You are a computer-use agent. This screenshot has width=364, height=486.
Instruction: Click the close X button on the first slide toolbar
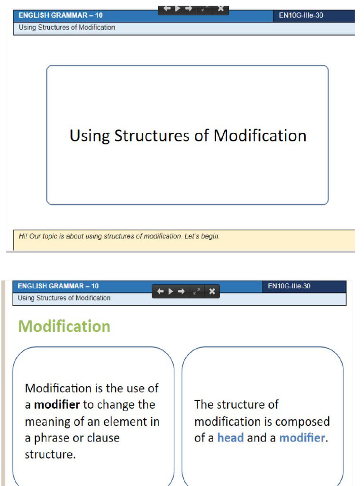(x=220, y=9)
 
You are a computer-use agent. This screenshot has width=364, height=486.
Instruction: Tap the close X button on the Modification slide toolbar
(x=212, y=291)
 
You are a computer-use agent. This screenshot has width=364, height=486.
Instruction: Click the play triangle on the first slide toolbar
(x=178, y=9)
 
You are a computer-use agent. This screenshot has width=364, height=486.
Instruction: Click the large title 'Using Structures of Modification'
(x=188, y=136)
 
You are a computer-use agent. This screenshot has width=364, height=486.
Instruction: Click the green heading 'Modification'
(x=64, y=327)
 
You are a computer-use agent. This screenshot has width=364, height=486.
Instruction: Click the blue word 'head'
(x=230, y=438)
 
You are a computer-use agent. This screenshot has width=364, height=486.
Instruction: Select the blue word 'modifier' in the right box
(x=302, y=438)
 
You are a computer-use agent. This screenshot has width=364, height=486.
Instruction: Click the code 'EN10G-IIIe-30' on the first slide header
(x=301, y=16)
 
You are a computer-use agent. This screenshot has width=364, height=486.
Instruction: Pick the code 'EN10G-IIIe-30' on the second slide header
(x=289, y=286)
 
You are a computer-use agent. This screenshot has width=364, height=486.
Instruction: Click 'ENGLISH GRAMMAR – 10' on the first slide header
(x=61, y=16)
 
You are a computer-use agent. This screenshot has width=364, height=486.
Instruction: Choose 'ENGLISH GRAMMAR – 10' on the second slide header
(x=58, y=286)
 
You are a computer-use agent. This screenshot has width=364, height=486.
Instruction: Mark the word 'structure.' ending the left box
(x=50, y=454)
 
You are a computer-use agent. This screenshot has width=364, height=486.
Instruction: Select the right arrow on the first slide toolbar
(x=188, y=9)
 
